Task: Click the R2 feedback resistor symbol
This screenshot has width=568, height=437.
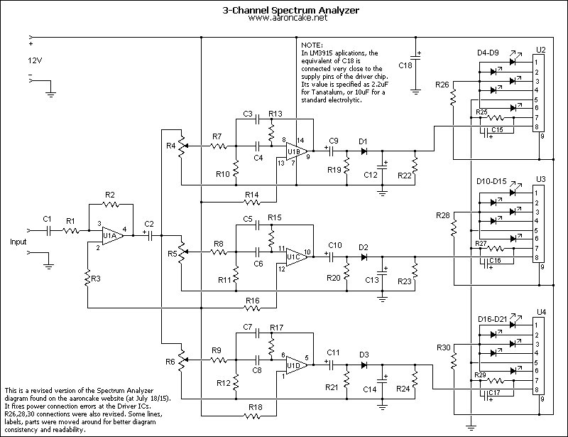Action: coord(111,205)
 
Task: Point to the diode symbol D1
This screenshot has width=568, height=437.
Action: coord(364,151)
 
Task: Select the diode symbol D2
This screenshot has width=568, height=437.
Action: coord(364,257)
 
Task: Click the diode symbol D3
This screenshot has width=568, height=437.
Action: coord(364,365)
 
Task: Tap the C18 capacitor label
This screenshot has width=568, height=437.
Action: coord(405,65)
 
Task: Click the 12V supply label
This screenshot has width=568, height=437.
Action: coord(35,60)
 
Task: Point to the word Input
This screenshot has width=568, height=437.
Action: coord(18,242)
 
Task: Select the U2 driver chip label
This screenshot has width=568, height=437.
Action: coord(540,50)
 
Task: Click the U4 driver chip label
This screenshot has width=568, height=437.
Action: coord(541,312)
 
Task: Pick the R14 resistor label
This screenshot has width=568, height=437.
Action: coord(252,195)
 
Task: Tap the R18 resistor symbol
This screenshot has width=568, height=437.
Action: coord(253,416)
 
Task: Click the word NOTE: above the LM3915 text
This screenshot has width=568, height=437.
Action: coord(312,45)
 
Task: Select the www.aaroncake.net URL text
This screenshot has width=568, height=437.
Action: coord(288,18)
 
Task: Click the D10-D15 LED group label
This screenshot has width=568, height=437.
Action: coord(491,182)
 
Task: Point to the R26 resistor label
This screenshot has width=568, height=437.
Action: coord(442,85)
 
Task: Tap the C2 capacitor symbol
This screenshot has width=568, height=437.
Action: coord(151,236)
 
